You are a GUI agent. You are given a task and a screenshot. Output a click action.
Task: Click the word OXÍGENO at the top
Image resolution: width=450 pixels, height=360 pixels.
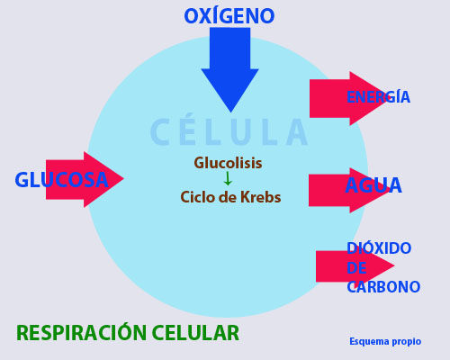(229, 16)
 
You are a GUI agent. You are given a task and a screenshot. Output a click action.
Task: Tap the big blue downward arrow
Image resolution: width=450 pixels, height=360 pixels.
(229, 70)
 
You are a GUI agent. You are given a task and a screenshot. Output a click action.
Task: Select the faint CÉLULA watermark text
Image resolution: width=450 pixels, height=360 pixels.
(229, 131)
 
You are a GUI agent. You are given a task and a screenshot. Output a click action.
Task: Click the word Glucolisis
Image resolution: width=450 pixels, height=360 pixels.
(228, 163)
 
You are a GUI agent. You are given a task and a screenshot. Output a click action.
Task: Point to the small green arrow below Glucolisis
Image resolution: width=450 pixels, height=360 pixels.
(228, 179)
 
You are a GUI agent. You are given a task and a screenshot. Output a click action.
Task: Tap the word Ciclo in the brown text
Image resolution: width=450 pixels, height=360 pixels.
(197, 197)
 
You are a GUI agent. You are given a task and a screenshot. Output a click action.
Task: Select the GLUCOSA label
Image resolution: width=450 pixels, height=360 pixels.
(61, 180)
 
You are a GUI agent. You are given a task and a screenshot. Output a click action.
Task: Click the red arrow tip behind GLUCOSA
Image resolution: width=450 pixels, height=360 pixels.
(123, 179)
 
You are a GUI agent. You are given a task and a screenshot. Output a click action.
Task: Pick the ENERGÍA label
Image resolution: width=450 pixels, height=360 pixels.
(378, 96)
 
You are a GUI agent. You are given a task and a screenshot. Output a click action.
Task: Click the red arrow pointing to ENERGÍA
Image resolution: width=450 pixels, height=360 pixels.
(349, 98)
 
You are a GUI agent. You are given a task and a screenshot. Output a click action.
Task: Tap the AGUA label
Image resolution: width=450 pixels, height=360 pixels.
(373, 185)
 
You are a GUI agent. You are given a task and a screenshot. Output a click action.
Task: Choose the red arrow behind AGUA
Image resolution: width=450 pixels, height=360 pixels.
(349, 191)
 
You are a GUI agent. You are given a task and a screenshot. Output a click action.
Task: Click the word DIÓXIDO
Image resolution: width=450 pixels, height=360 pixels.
(379, 248)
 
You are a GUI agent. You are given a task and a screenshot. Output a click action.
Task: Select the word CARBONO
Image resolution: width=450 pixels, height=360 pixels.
(383, 287)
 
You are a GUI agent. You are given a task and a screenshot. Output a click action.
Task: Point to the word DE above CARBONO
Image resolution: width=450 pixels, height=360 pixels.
(356, 267)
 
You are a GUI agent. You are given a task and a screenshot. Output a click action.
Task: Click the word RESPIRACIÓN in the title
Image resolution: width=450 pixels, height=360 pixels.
(82, 332)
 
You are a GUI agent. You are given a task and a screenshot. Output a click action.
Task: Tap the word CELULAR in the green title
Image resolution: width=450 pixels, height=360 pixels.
(195, 333)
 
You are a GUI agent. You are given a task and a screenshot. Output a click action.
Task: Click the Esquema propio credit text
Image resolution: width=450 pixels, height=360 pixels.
(385, 341)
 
